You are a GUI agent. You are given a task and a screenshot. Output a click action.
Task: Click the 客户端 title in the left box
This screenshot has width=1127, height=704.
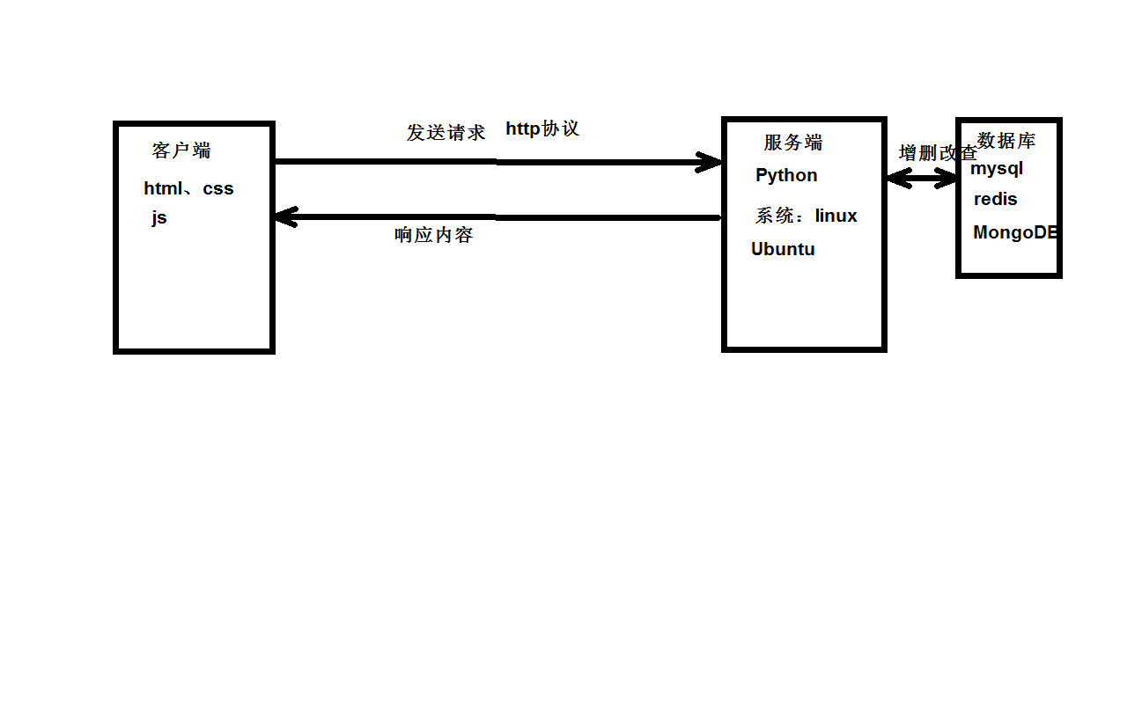(x=181, y=150)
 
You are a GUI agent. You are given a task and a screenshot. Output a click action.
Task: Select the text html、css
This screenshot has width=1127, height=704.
(x=188, y=188)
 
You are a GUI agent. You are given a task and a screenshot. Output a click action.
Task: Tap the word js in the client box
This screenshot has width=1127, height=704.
(x=158, y=218)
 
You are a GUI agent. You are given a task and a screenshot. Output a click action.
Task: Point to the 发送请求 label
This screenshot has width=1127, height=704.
(x=446, y=133)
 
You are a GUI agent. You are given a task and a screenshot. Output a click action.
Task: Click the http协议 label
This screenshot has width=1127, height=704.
(x=542, y=128)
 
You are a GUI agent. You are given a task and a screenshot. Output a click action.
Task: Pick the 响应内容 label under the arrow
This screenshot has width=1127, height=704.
(x=434, y=235)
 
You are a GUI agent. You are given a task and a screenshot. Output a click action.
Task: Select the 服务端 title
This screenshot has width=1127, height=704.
(x=793, y=143)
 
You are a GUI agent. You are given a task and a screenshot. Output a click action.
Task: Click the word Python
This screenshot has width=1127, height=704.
(x=786, y=175)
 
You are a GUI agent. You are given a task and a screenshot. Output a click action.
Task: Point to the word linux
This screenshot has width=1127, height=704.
(x=836, y=216)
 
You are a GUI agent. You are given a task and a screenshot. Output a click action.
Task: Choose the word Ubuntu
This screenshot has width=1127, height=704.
(x=783, y=249)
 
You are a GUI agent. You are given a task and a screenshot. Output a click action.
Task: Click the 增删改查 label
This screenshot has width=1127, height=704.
(x=937, y=152)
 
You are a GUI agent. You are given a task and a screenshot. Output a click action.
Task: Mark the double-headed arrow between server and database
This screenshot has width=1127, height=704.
(x=922, y=179)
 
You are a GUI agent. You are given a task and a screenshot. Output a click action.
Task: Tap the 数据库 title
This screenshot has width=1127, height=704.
(x=1006, y=140)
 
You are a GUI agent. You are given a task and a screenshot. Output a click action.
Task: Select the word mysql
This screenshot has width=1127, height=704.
(x=997, y=168)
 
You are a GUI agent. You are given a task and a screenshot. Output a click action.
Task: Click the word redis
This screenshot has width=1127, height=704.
(x=995, y=200)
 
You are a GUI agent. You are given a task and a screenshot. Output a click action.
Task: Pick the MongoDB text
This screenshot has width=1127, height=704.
(x=1014, y=233)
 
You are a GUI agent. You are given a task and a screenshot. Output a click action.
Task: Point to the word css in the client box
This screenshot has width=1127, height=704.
(x=218, y=188)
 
